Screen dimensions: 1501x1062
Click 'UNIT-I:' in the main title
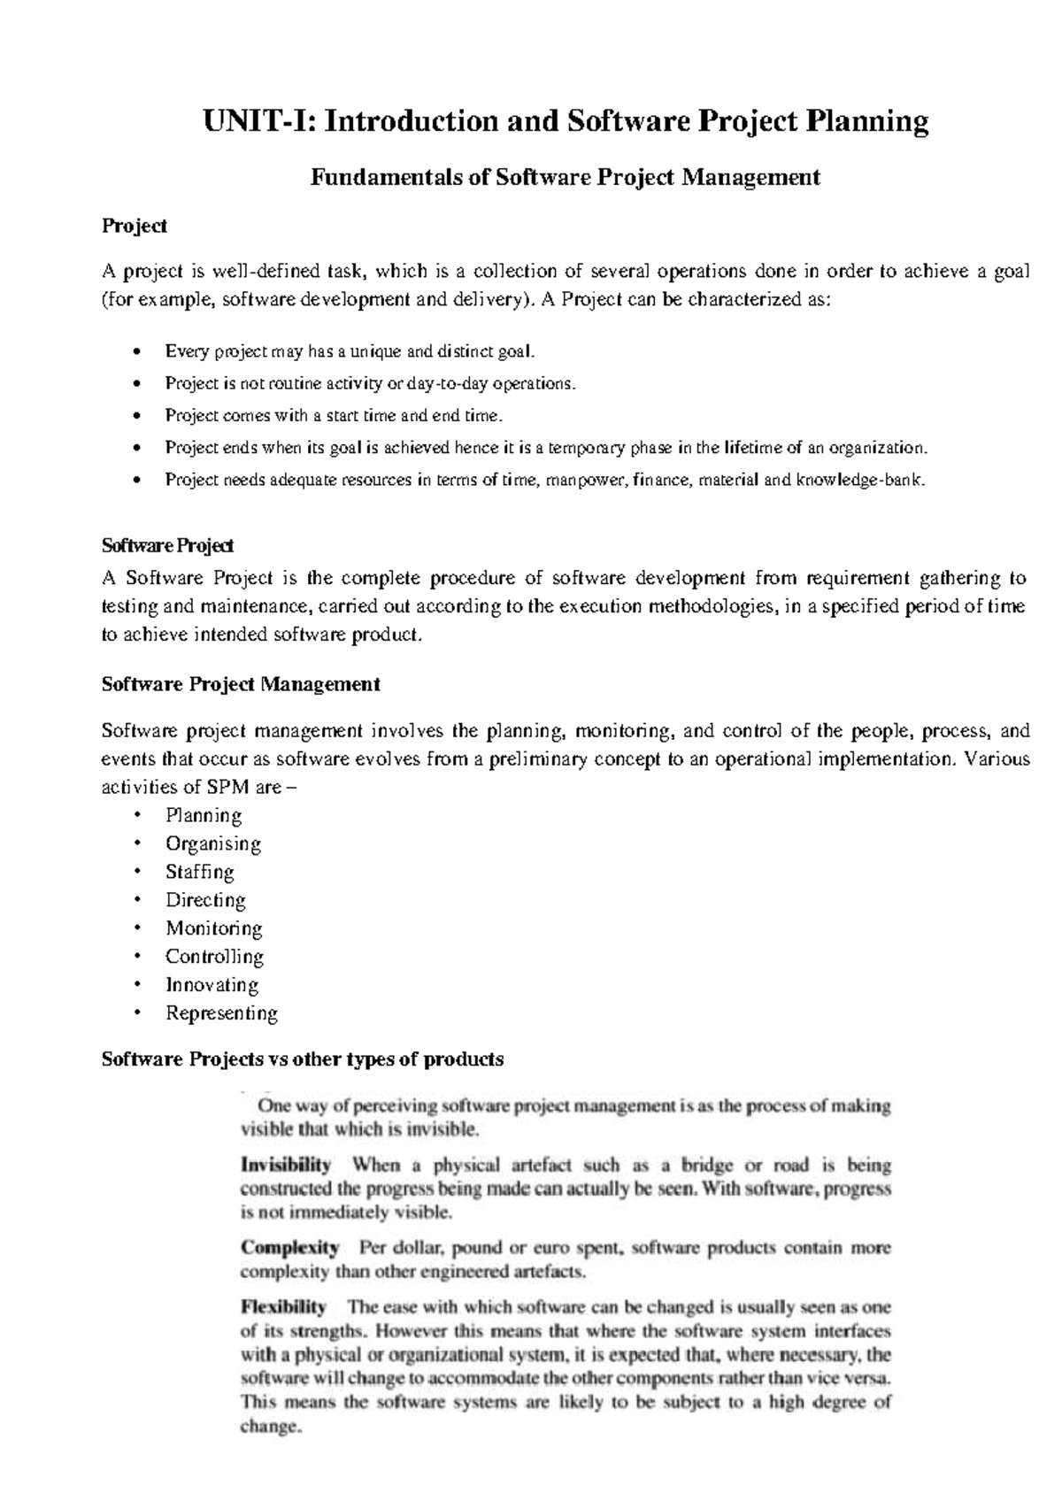(x=259, y=121)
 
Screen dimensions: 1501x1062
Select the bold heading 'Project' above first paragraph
(x=135, y=227)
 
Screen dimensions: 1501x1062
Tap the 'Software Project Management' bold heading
(x=241, y=684)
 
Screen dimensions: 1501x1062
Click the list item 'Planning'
(x=204, y=815)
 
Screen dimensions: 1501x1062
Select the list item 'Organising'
(x=213, y=843)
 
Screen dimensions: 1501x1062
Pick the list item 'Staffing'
(x=200, y=872)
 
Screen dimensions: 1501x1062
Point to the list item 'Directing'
(x=205, y=900)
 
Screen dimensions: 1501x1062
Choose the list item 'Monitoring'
(x=214, y=928)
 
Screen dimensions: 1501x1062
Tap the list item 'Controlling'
(x=214, y=957)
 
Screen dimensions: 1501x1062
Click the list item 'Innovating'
(x=212, y=985)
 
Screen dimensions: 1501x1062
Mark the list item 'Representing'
(x=221, y=1013)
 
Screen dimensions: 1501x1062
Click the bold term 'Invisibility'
(x=286, y=1165)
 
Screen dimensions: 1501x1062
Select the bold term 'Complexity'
(x=289, y=1248)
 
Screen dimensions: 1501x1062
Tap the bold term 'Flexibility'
(x=283, y=1306)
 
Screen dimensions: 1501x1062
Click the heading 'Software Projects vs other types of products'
(x=303, y=1059)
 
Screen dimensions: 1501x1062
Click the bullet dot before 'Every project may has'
(x=135, y=352)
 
